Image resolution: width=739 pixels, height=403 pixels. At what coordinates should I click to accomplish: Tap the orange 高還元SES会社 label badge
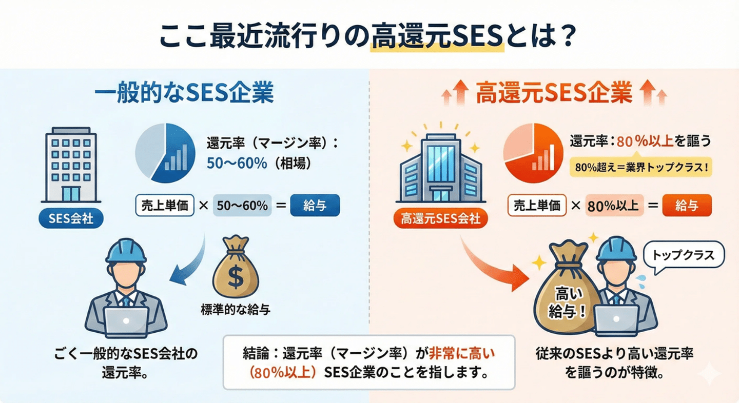click(x=437, y=219)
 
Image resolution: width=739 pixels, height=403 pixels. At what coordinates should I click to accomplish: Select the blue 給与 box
click(x=315, y=206)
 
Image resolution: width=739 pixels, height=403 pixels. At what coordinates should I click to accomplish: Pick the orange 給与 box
click(x=687, y=206)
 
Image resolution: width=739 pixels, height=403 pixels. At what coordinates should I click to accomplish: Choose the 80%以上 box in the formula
click(x=613, y=206)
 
